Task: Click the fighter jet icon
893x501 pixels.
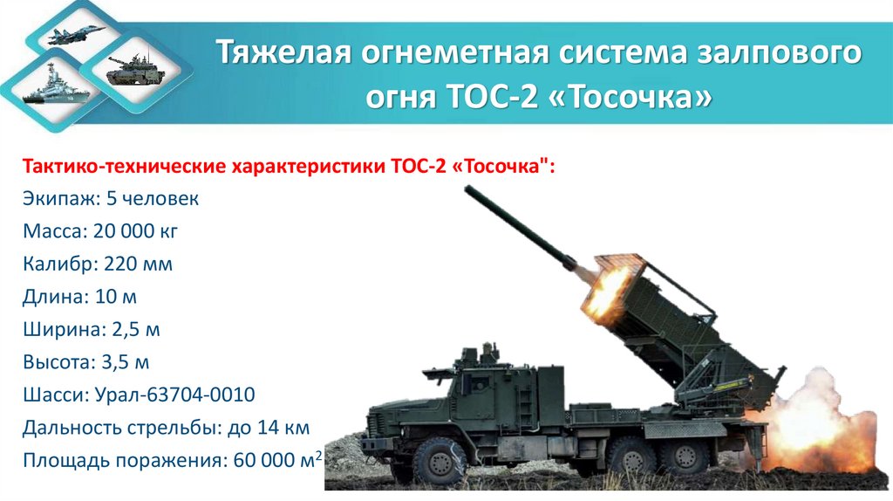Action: [x=79, y=34]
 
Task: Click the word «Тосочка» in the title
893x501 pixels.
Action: [x=626, y=98]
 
